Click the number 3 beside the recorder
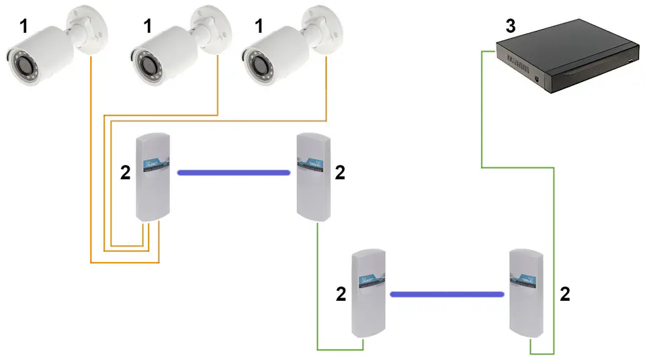[511, 28]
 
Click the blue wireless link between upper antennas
[233, 173]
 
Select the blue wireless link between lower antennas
[447, 294]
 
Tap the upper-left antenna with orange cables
[153, 177]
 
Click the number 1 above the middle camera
[148, 28]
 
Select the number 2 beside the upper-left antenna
[125, 173]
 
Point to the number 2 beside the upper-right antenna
[340, 173]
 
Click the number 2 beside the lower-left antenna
[341, 294]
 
